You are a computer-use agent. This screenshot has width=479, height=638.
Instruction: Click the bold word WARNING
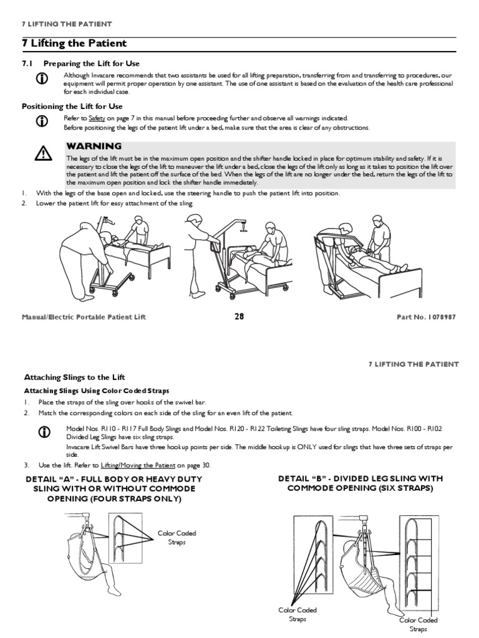point(94,146)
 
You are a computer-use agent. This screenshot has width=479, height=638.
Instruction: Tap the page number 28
point(239,317)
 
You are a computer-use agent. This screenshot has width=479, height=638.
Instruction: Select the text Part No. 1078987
point(426,317)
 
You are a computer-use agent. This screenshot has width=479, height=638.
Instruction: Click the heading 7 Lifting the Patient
point(74,44)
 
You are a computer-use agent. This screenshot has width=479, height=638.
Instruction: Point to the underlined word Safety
point(97,118)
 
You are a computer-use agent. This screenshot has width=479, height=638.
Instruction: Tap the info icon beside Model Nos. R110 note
point(43,432)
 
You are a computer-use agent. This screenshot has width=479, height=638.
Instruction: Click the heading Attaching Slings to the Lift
point(74,378)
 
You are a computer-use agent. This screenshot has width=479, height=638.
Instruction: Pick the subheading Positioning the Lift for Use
point(72,107)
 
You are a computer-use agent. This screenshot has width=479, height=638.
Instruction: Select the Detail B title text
point(360,483)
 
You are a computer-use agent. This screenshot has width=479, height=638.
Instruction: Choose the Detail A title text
point(114,489)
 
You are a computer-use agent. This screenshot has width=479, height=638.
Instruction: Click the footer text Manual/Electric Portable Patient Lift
point(84,317)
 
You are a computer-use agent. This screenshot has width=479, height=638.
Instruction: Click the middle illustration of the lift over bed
point(241,255)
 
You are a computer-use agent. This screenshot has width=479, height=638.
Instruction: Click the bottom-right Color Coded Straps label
point(418,624)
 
